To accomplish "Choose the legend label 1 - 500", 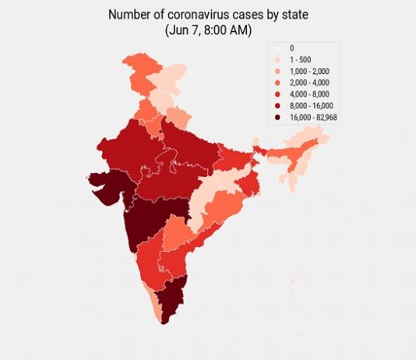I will coord(299,59).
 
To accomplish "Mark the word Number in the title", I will coord(128,14).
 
